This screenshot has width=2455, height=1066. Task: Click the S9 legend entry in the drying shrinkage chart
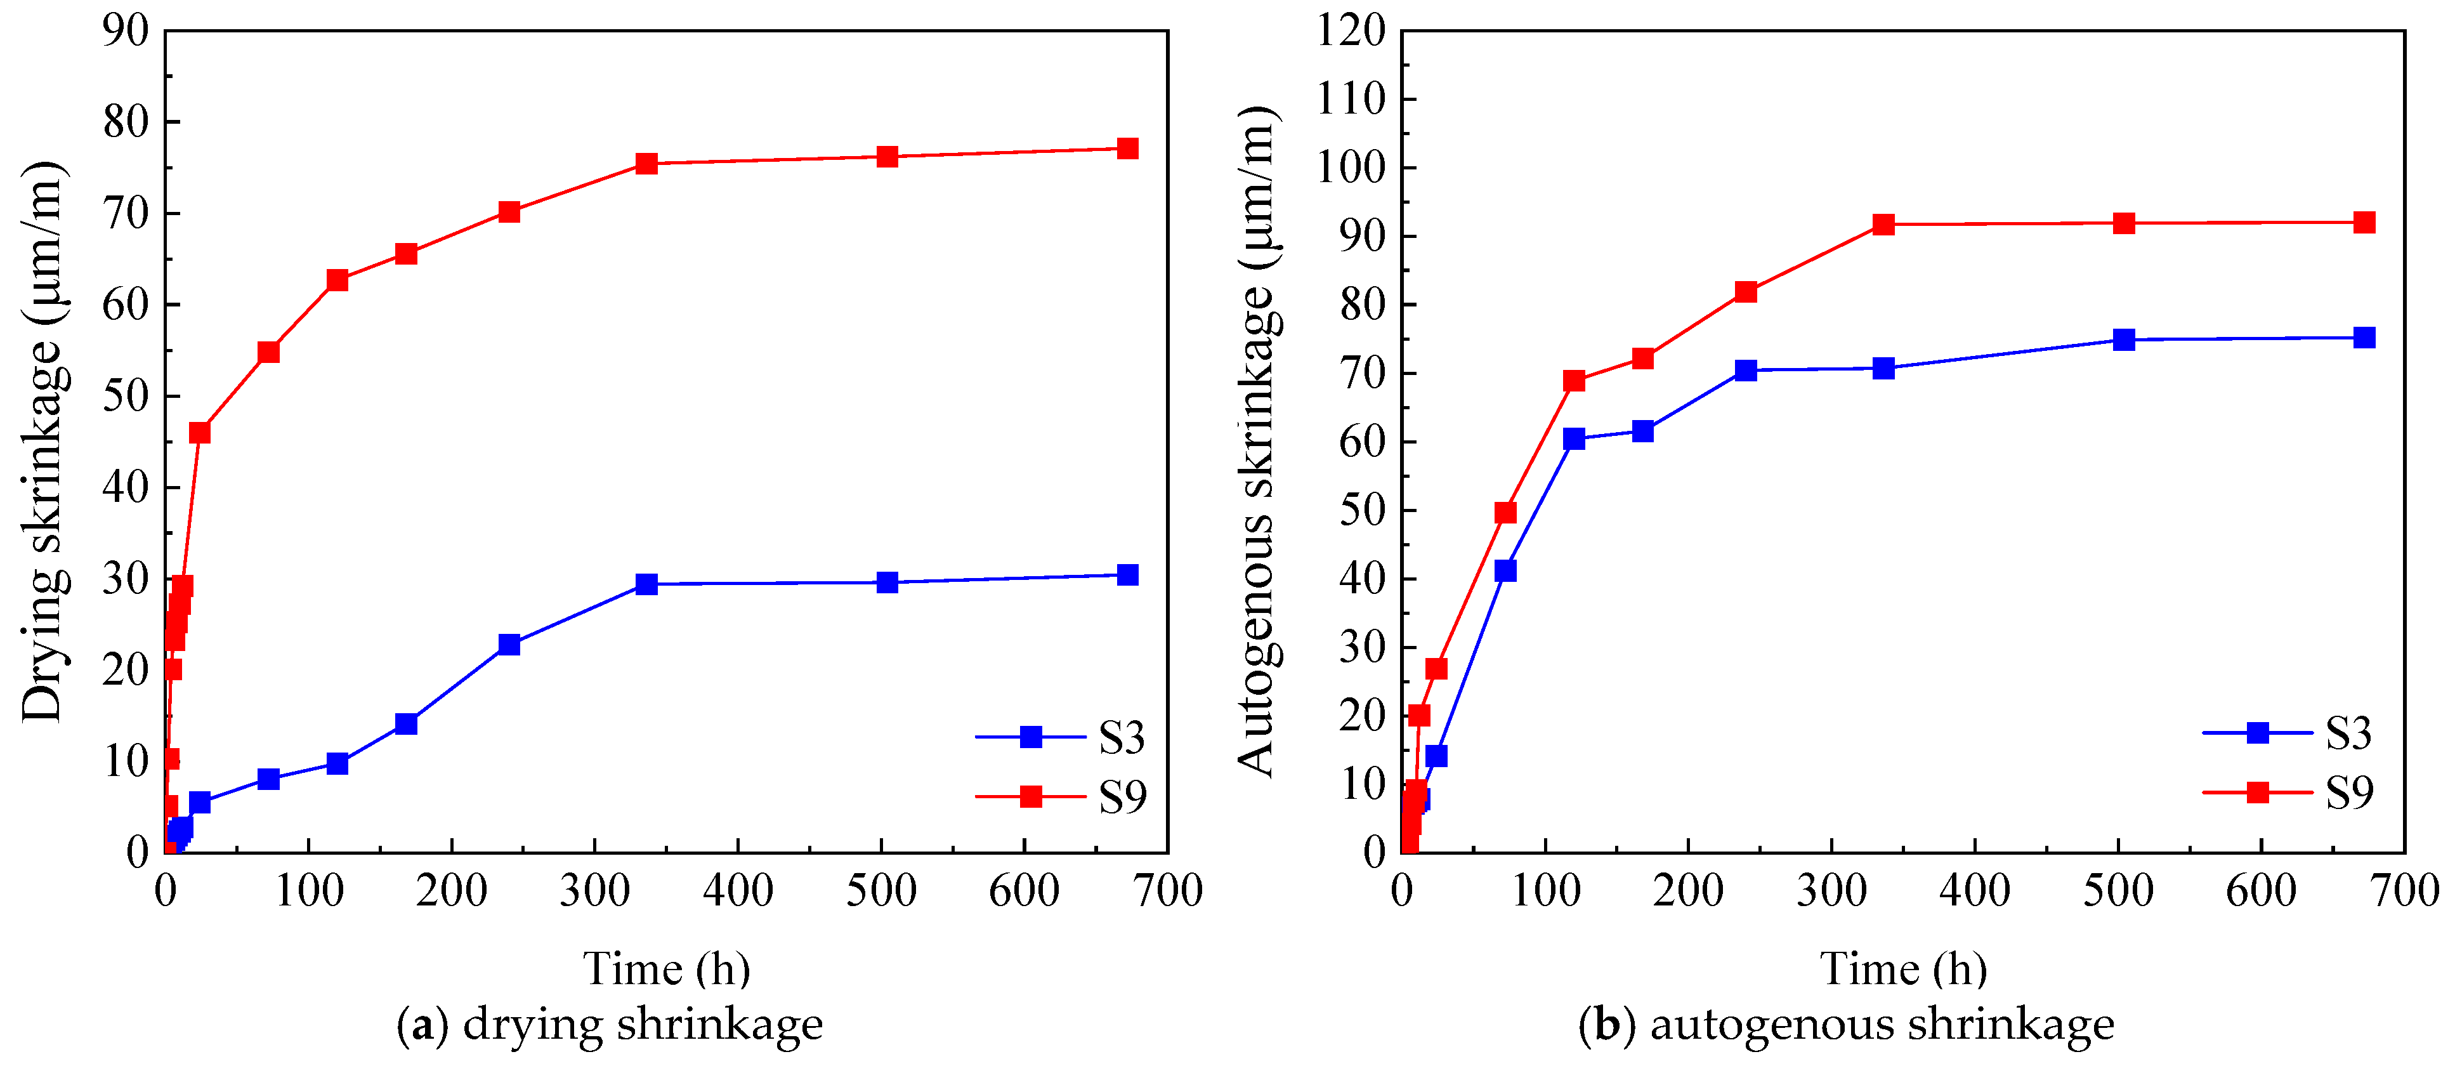tap(1061, 796)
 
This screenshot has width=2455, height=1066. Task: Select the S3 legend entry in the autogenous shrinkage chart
tap(2288, 732)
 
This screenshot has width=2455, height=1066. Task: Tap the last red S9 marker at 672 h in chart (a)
tap(1127, 148)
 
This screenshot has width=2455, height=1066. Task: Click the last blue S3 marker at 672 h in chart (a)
tap(1127, 575)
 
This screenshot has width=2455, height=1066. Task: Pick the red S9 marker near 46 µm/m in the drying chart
tap(199, 433)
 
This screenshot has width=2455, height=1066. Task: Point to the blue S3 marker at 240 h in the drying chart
tap(509, 645)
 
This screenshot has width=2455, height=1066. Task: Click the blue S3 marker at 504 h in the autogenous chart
tap(2123, 340)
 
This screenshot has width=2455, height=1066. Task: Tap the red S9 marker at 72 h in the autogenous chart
tap(1505, 513)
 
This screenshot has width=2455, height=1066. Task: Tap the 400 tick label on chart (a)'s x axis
tap(738, 892)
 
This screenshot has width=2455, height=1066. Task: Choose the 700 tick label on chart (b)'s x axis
tap(2404, 892)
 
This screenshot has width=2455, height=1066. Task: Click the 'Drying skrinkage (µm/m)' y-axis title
tap(43, 442)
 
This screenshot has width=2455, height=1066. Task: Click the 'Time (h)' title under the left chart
tap(667, 970)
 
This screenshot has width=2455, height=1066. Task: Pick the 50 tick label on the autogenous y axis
tap(1363, 510)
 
